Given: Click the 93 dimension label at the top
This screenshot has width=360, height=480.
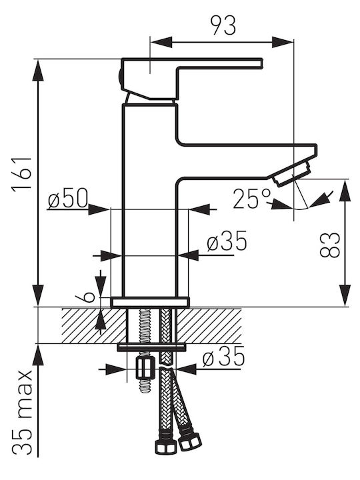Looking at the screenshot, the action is click(224, 25).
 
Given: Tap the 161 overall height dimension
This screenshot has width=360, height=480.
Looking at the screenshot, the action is click(21, 175).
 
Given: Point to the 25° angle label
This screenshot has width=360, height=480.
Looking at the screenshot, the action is click(251, 199).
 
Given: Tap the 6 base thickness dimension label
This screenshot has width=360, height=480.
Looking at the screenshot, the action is click(84, 296).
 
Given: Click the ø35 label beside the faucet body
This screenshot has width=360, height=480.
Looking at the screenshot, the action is click(227, 241).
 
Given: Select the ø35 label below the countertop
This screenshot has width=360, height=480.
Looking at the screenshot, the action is click(223, 357).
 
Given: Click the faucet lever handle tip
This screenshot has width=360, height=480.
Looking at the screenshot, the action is click(261, 64).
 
